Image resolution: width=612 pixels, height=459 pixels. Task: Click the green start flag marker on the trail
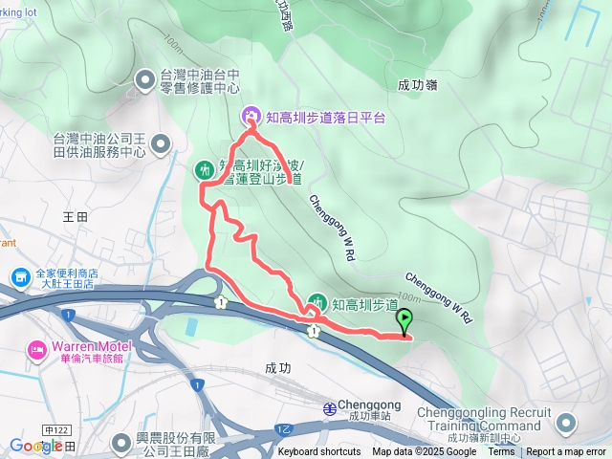(x=404, y=321)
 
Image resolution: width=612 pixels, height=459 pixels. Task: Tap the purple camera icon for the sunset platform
(x=251, y=117)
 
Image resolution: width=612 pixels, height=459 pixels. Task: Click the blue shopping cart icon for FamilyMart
(x=20, y=277)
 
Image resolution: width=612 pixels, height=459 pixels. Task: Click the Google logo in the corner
(x=36, y=446)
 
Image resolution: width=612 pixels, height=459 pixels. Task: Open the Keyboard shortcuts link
(x=319, y=452)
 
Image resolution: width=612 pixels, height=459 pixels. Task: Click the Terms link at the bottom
(x=501, y=452)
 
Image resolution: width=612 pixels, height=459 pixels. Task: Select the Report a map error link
(x=567, y=452)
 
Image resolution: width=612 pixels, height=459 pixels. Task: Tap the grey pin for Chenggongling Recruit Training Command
(x=565, y=423)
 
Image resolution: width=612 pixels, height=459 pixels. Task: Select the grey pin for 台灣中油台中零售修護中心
(x=145, y=79)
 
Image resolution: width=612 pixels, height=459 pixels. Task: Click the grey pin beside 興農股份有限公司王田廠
(x=121, y=443)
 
